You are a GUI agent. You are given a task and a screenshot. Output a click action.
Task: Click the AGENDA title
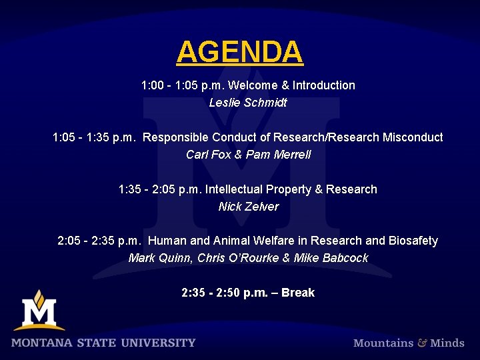[x=239, y=52]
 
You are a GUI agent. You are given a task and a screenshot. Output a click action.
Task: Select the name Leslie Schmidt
[x=248, y=103]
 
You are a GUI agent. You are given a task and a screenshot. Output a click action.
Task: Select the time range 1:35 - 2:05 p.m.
[x=160, y=189]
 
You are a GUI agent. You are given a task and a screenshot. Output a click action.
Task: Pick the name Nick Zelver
[x=248, y=207]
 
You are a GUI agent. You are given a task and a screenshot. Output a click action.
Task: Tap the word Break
[x=298, y=293]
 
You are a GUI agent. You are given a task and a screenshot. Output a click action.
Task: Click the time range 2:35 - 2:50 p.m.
[x=223, y=293]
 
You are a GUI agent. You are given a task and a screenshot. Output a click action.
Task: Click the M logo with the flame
[x=39, y=310]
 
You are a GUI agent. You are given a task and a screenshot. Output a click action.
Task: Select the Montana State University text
[x=103, y=343]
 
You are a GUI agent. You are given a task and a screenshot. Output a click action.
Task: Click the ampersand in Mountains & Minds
[x=422, y=343]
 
